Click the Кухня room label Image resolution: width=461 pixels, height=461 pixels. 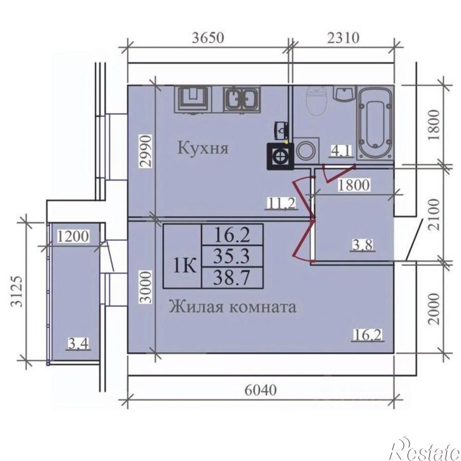[203, 148]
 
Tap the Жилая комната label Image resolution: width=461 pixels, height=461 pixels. [233, 306]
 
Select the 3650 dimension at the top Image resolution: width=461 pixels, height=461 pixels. [208, 38]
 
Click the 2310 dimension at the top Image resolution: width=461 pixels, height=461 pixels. [343, 38]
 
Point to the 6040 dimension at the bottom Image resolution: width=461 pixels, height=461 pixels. [261, 390]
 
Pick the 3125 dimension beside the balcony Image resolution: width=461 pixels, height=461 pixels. [17, 291]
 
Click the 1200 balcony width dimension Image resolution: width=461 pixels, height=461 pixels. [72, 237]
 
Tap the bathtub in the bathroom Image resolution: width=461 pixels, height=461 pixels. [375, 123]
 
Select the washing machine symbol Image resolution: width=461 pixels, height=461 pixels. [306, 150]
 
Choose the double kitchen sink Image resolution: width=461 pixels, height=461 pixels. [242, 99]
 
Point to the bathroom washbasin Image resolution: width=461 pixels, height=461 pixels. [345, 93]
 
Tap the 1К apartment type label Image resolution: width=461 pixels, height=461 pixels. [184, 266]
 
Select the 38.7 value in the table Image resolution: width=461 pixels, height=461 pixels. [231, 277]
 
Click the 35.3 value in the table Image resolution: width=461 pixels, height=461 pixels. [231, 256]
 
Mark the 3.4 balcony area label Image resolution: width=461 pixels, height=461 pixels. [78, 343]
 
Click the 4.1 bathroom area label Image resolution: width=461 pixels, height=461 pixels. [341, 151]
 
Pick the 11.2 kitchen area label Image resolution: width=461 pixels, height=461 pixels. [281, 203]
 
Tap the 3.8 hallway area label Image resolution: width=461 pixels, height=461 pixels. [362, 245]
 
